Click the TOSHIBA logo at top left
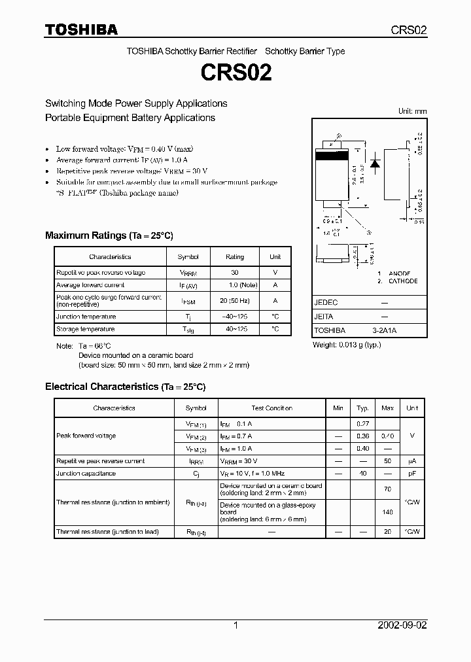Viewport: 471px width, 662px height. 81,29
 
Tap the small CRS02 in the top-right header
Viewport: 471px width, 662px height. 409,30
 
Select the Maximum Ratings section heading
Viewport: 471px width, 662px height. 109,235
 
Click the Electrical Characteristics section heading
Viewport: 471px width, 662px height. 125,387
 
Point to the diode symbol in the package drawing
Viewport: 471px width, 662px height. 375,164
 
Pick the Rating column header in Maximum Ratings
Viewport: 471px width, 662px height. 235,257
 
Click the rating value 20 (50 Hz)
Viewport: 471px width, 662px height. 235,301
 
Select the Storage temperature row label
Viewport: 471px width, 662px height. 86,329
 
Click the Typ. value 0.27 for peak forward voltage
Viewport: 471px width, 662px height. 363,424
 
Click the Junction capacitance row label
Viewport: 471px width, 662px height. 86,473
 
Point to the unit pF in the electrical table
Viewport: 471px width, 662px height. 412,473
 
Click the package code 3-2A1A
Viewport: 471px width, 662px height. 384,330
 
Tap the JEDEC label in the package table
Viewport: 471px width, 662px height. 326,303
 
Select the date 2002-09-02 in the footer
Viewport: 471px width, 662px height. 402,625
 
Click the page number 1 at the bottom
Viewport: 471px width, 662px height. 235,625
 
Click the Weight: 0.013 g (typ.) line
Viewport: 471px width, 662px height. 346,344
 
